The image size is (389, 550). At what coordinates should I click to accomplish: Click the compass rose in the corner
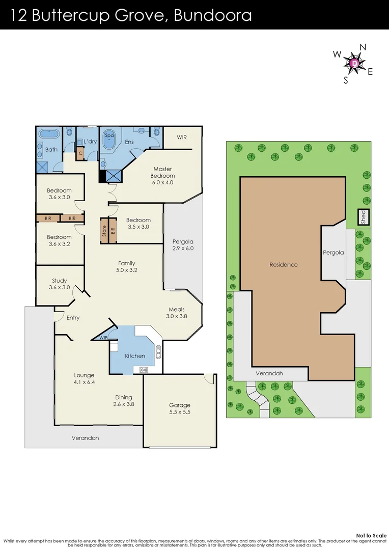354,63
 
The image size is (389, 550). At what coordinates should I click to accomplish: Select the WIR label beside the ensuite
182,137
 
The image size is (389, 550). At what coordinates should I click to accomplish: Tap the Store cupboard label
104,231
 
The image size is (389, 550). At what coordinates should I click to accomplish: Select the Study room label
59,281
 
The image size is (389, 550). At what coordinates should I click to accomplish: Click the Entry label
73,318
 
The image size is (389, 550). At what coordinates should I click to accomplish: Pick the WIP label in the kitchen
103,338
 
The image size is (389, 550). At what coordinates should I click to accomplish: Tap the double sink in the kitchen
158,351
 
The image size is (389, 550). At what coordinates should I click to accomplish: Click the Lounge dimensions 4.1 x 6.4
84,382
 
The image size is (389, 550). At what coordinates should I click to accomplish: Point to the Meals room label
177,309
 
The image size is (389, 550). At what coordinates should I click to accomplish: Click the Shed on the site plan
363,217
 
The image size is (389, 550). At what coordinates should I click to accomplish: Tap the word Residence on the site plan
284,264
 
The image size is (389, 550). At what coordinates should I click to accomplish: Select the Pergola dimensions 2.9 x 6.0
183,248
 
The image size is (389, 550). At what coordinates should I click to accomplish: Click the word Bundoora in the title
213,15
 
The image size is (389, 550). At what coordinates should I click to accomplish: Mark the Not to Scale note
371,536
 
